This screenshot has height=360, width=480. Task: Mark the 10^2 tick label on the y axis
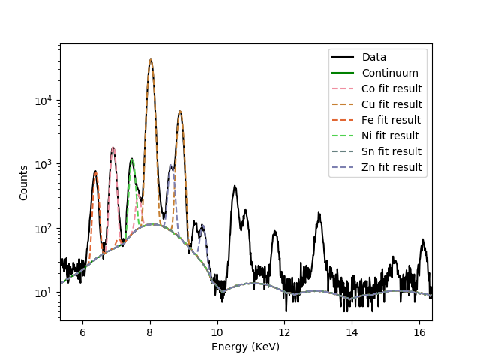tap(44, 229)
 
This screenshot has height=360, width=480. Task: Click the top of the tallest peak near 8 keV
tap(151, 59)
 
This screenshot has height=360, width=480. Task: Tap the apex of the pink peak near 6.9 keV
tap(113, 148)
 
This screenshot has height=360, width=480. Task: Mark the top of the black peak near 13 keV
tap(319, 213)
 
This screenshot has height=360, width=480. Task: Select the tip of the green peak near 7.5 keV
tap(131, 159)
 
